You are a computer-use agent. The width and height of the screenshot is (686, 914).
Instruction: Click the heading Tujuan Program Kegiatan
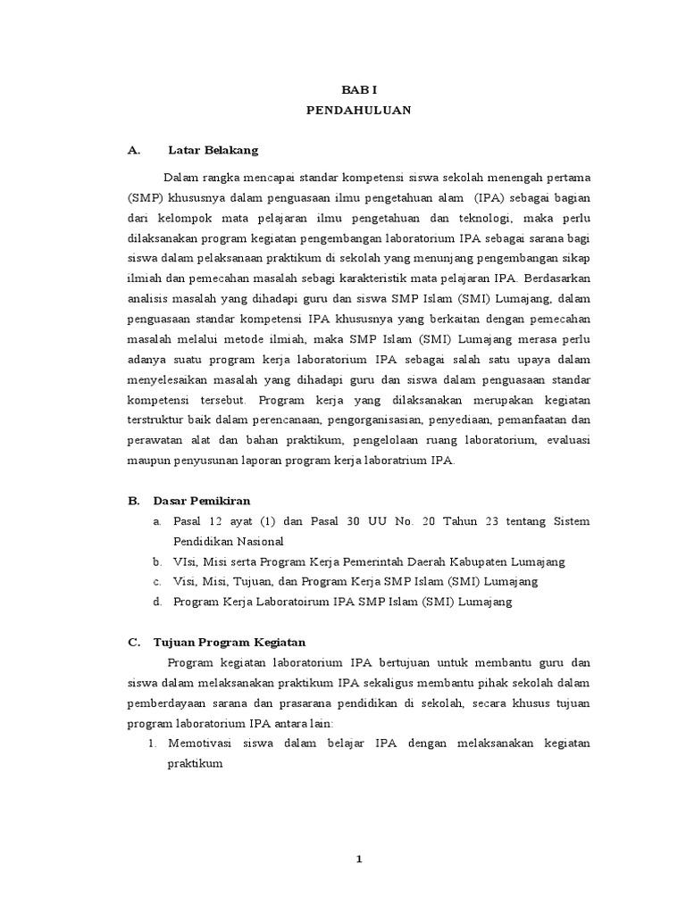[x=230, y=642]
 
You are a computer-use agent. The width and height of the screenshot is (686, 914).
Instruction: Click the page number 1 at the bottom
[x=358, y=859]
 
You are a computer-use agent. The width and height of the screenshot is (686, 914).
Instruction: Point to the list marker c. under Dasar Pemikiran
[x=156, y=582]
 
